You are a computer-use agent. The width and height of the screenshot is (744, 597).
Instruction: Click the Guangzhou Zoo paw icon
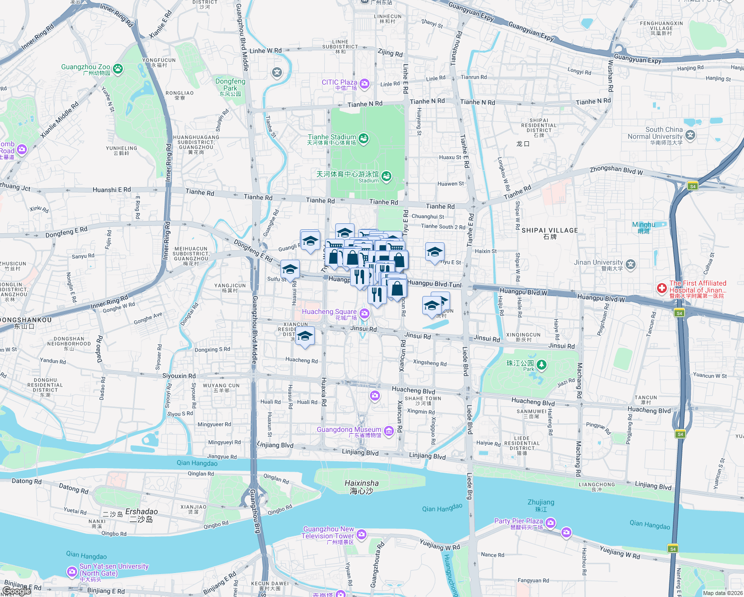click(118, 69)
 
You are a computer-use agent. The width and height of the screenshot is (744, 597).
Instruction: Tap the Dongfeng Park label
click(230, 85)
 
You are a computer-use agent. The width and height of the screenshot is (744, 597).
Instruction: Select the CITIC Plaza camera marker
click(365, 84)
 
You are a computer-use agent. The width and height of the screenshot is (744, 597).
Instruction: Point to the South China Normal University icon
click(690, 135)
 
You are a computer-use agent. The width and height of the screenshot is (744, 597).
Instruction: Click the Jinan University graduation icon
click(631, 264)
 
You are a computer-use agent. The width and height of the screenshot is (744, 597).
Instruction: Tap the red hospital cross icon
click(661, 288)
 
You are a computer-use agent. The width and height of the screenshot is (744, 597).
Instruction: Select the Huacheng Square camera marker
click(365, 313)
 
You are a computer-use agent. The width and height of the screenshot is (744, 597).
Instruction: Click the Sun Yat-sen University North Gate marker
click(72, 572)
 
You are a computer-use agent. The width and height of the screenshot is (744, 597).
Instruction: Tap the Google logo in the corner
click(16, 591)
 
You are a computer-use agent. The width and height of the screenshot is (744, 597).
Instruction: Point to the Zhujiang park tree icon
click(542, 365)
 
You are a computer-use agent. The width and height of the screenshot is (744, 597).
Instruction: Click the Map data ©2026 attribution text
click(723, 593)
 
